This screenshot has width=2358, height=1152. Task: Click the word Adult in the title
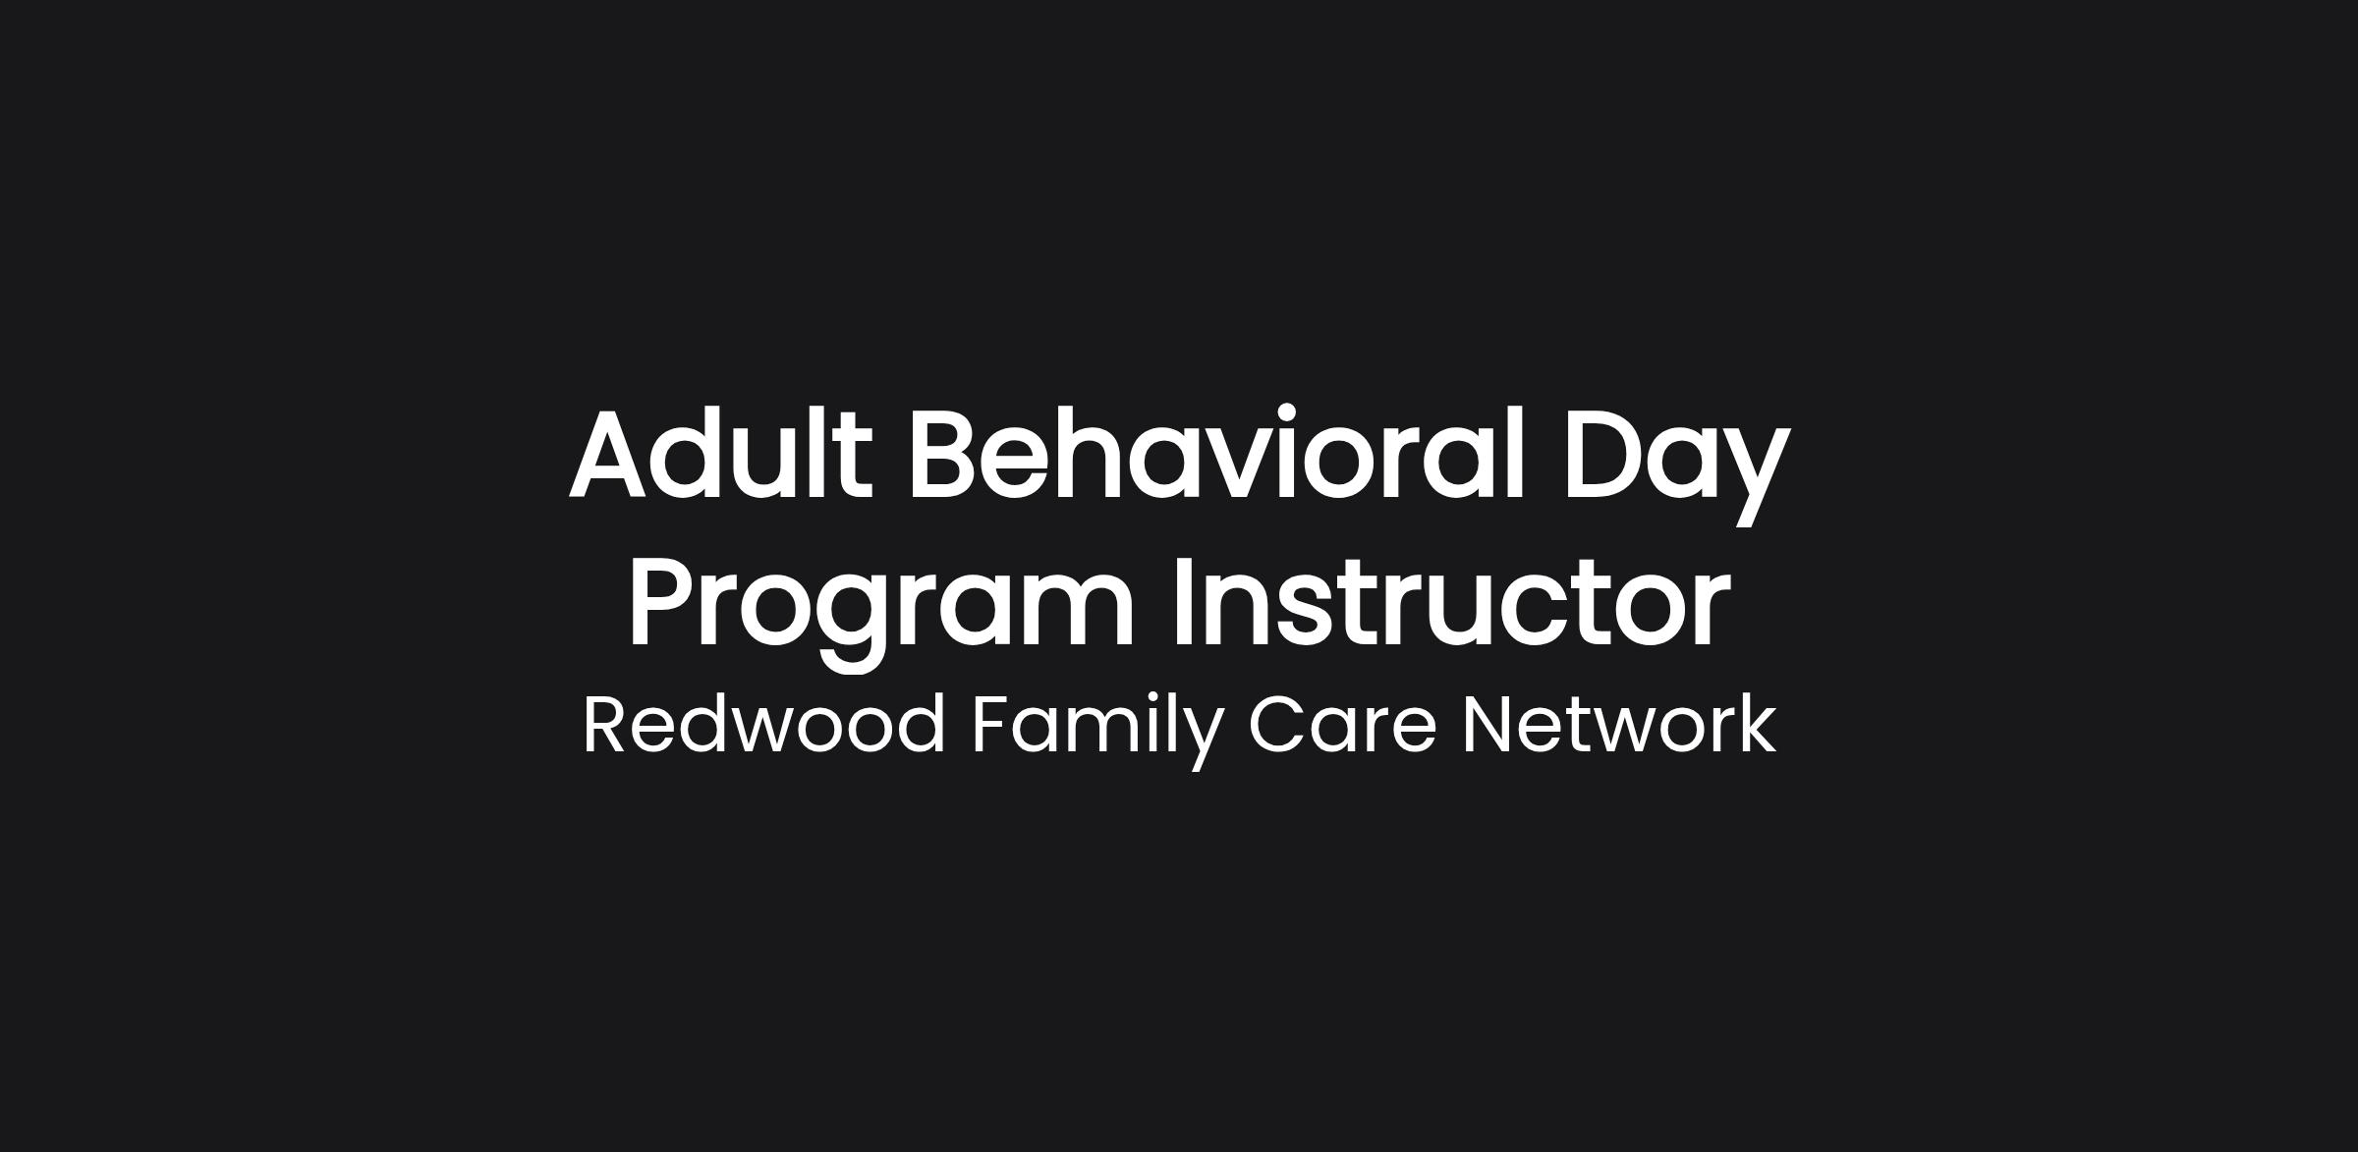click(x=720, y=453)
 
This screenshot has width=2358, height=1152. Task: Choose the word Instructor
click(x=1450, y=601)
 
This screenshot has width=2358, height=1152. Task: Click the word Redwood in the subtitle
click(x=763, y=725)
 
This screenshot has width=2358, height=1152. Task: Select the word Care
click(x=1343, y=725)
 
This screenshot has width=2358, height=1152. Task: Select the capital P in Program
click(x=663, y=601)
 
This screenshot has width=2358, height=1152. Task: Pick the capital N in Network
click(x=1488, y=725)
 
